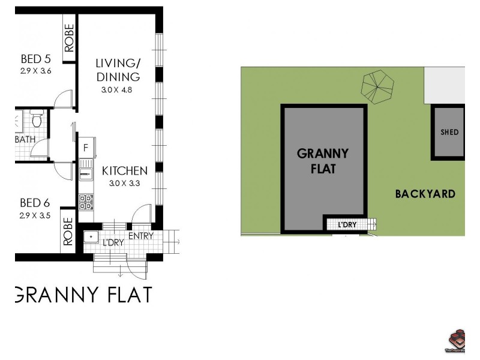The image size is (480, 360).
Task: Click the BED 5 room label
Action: coord(35,59)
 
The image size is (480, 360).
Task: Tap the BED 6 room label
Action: coord(35,203)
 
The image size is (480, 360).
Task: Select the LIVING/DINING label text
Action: coord(118,70)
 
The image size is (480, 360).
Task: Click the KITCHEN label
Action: coord(125,170)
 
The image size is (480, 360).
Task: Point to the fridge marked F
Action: coord(86,148)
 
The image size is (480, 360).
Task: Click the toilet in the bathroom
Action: coord(36,119)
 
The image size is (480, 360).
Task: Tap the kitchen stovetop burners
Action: coord(86,201)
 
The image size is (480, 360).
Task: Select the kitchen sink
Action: coord(86,170)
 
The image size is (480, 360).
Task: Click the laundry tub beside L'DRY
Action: coord(91,236)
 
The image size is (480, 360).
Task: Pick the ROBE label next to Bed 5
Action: coord(68,37)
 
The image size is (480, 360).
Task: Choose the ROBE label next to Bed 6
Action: coord(68,230)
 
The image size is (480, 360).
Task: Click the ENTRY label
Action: coord(141,236)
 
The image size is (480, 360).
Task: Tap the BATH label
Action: coord(25,140)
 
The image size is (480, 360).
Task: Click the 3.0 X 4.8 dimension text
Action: coord(116,90)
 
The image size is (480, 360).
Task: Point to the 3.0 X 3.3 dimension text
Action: coord(125,184)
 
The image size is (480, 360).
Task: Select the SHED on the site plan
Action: coord(449,132)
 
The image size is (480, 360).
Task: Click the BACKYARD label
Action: coord(425,194)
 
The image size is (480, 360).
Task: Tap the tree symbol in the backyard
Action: coord(377,86)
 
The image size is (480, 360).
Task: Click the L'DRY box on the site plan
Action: coord(347,225)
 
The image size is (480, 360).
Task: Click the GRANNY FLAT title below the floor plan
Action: coord(83,295)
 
